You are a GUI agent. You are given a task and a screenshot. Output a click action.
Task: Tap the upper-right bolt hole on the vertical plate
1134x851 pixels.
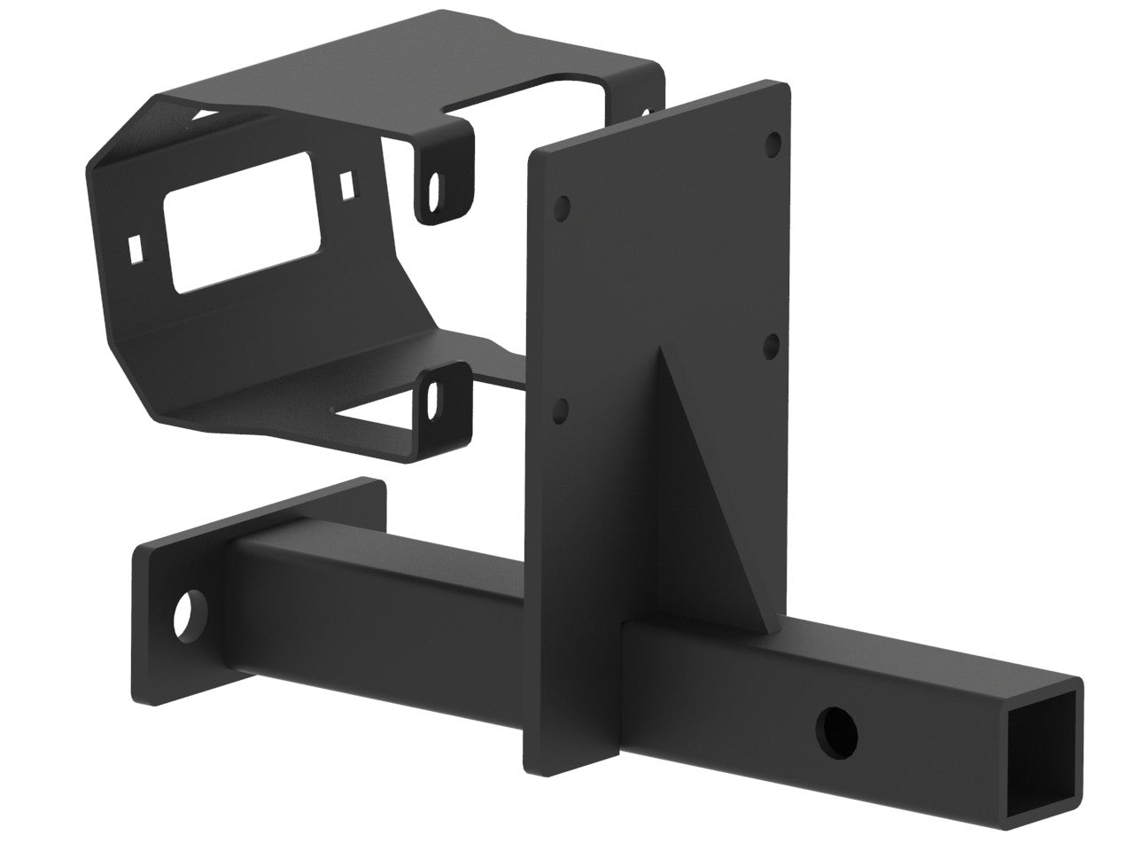(x=773, y=142)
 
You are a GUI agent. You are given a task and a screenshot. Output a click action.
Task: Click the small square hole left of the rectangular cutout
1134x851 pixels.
(x=136, y=248)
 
